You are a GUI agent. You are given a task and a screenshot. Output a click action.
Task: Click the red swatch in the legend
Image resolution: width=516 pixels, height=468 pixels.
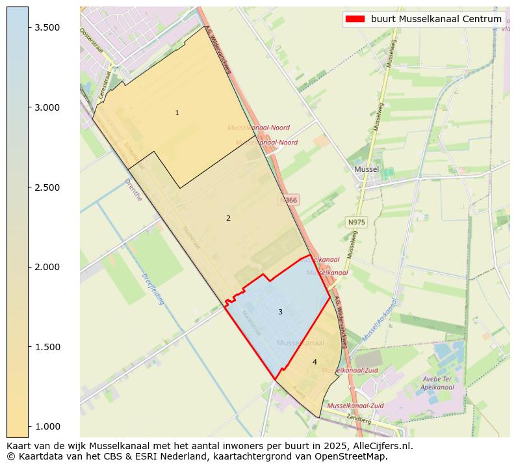click(355, 20)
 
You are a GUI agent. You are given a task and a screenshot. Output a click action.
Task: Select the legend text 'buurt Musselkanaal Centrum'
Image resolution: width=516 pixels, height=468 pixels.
click(436, 20)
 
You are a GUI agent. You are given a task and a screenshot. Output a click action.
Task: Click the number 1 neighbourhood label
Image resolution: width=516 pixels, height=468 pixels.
click(177, 113)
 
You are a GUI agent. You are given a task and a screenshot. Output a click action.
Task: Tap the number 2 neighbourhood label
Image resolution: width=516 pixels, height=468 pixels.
click(228, 219)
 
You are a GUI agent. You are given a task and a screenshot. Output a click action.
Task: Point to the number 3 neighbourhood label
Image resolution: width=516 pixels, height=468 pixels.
click(280, 312)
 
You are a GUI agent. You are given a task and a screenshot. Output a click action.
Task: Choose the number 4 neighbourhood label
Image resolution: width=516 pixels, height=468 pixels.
click(315, 363)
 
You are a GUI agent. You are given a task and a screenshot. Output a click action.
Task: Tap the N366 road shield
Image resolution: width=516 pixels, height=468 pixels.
click(289, 200)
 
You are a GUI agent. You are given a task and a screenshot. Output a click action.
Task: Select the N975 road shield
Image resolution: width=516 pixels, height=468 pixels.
click(356, 223)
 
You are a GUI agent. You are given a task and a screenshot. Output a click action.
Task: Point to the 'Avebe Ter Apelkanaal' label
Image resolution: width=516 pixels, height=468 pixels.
click(437, 383)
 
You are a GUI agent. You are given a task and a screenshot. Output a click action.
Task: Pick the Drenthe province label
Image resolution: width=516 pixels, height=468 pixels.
click(133, 189)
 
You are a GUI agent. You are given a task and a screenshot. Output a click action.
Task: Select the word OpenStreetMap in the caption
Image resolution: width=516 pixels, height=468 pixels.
click(355, 456)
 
